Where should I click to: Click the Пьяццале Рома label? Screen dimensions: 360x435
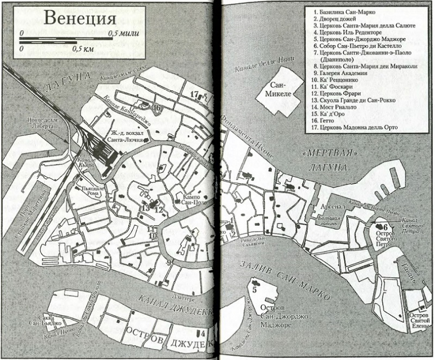89,190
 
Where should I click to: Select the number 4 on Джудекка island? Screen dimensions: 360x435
203,333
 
